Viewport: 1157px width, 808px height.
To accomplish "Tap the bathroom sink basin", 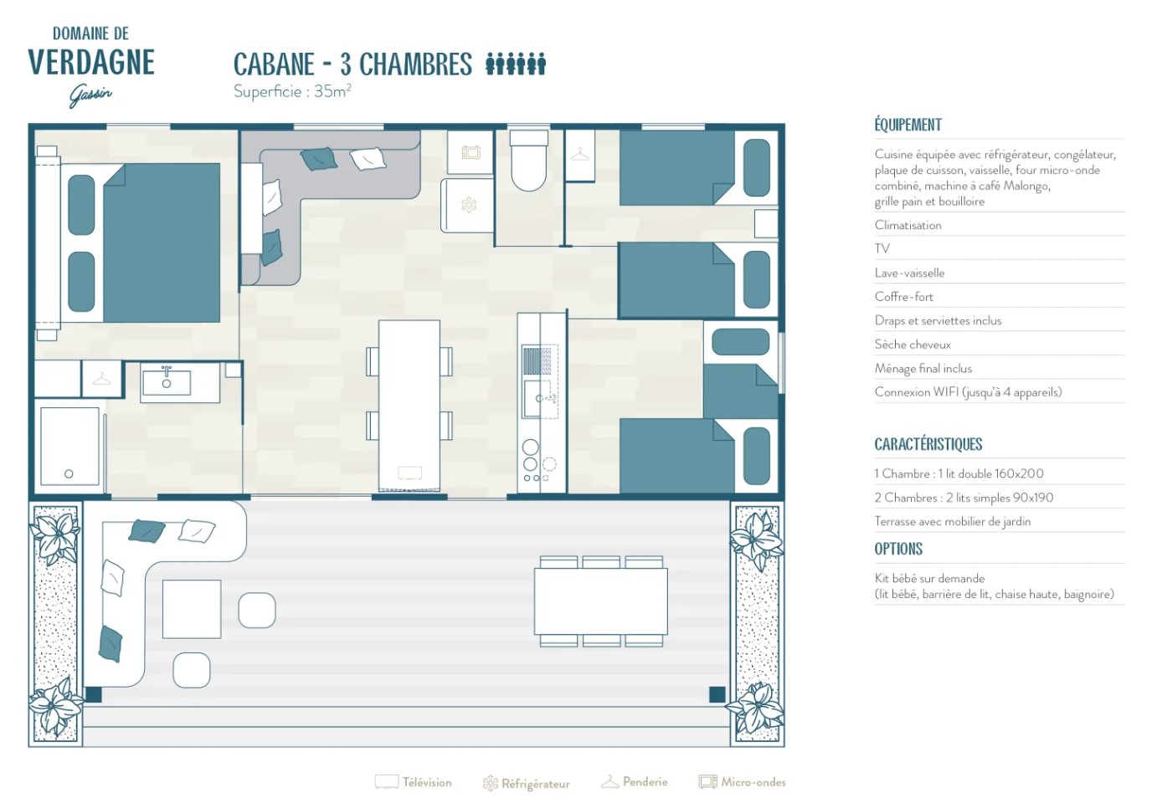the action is point(167,382).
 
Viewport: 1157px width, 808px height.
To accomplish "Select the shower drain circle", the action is point(69,473).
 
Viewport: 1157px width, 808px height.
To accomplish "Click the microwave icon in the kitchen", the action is point(471,152).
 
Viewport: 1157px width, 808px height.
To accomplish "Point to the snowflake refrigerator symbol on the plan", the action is point(469,205).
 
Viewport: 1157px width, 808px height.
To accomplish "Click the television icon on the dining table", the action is point(409,473).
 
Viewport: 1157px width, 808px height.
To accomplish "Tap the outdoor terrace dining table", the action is point(601,601).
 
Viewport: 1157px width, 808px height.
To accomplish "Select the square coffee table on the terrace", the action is point(192,609).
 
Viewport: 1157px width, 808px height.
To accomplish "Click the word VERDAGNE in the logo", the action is point(91,63).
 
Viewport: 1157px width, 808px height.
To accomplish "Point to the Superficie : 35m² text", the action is point(292,91).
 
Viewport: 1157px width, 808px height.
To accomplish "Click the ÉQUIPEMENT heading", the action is point(908,125).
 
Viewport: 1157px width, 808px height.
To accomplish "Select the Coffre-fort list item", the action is point(904,297).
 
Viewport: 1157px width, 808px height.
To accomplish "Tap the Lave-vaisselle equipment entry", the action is point(909,273).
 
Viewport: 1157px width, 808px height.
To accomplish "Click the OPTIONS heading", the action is point(898,549).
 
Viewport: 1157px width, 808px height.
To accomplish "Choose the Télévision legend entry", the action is point(414,782).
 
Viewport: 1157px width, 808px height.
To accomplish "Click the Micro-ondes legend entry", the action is point(743,782).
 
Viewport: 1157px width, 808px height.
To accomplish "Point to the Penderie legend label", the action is point(645,782).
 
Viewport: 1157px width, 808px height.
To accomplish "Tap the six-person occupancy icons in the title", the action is point(516,64).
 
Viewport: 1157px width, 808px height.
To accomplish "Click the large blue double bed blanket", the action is point(162,243).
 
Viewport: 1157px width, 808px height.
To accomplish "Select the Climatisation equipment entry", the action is point(908,225).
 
